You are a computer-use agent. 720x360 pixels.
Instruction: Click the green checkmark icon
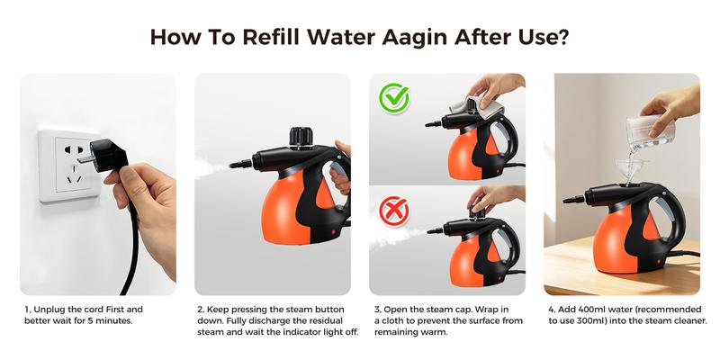(x=394, y=98)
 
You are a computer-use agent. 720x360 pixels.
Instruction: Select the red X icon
(x=394, y=211)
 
